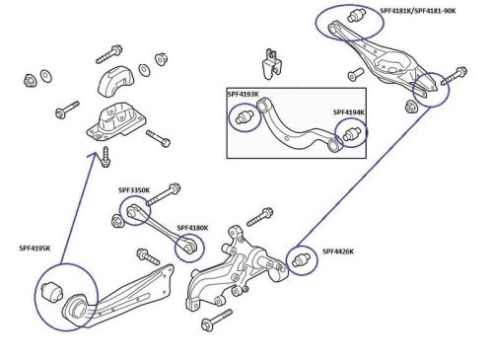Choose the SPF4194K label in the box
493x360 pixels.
click(349, 112)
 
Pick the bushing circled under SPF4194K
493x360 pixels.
click(350, 135)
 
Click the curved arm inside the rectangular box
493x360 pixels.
click(296, 122)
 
